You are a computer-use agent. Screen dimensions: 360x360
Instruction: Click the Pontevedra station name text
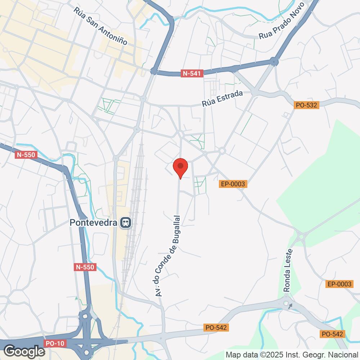tap(94, 223)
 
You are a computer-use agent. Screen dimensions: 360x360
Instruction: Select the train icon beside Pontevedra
tap(126, 223)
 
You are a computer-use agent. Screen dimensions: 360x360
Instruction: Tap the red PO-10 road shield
tap(55, 343)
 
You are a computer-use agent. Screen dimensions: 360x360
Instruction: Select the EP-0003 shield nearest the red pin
tap(233, 184)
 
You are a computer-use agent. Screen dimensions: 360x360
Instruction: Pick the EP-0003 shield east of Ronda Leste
tap(339, 284)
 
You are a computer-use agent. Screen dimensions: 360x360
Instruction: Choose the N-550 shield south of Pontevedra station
tap(85, 267)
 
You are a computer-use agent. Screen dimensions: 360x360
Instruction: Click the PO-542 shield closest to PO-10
tap(216, 328)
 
